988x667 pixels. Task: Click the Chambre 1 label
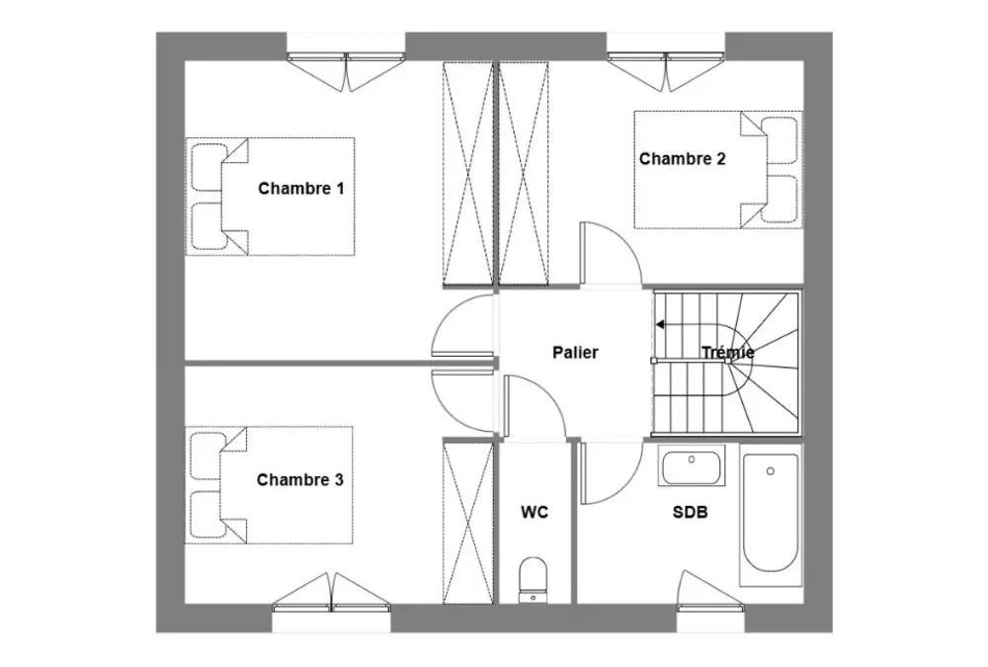click(301, 189)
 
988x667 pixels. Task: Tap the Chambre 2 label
click(683, 159)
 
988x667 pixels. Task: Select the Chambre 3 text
click(300, 480)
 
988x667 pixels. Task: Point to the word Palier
click(575, 353)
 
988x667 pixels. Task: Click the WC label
click(535, 513)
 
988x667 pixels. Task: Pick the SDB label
click(690, 513)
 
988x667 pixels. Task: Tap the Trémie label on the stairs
click(728, 353)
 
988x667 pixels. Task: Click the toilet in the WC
click(534, 579)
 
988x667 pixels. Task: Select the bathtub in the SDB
click(771, 515)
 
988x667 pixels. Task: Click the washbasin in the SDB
click(692, 465)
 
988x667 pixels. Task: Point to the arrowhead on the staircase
click(660, 325)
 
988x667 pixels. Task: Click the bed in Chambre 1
click(271, 197)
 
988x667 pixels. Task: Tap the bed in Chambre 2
click(718, 170)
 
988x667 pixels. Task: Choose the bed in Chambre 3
click(269, 485)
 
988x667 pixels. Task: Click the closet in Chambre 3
click(468, 522)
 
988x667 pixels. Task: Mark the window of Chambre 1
click(346, 69)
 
